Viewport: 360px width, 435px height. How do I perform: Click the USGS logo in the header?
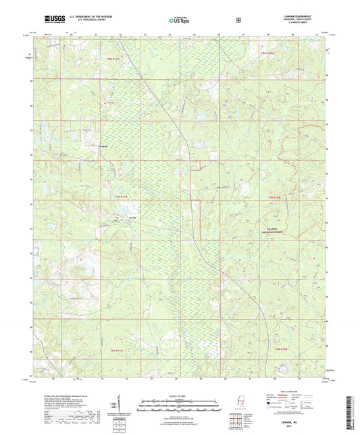pos(50,19)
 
